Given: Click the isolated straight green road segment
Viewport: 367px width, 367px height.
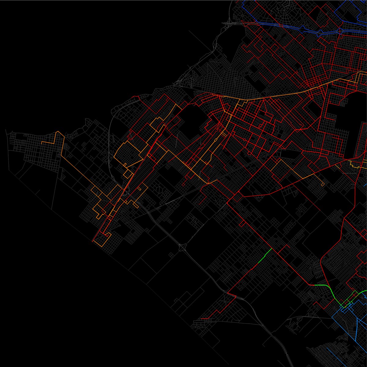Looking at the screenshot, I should [x=265, y=256].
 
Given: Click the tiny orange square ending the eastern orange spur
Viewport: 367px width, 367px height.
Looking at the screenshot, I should [x=323, y=184].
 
